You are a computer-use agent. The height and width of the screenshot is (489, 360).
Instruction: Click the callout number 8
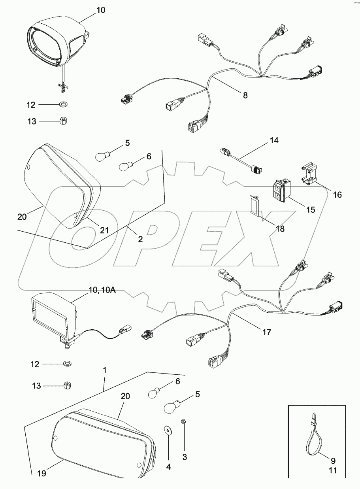point(245,95)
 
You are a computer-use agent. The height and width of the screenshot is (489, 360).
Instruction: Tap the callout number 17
point(266,332)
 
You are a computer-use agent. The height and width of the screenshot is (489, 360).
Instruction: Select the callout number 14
point(274,140)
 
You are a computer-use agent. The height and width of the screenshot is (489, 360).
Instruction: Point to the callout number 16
point(337,194)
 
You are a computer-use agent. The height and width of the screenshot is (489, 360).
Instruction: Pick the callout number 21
point(104,230)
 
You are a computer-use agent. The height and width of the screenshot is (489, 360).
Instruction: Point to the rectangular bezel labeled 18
point(254,206)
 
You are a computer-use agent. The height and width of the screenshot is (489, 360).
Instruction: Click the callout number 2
point(140,239)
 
